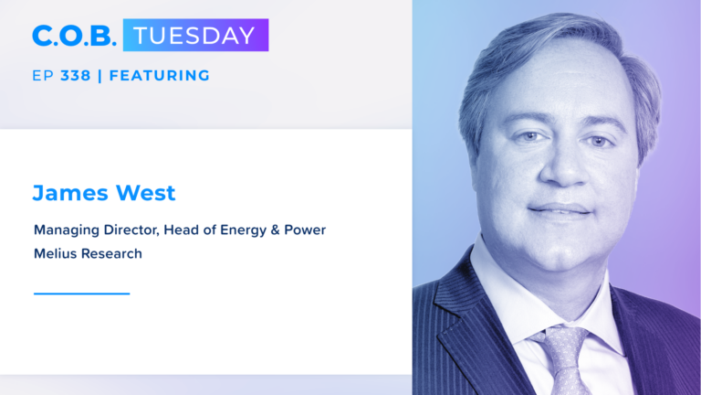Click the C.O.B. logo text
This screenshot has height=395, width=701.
[74, 36]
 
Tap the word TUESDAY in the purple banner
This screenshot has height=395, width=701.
[194, 36]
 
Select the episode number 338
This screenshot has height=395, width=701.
[76, 76]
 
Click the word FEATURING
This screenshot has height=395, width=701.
[159, 76]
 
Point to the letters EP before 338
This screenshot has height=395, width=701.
[43, 76]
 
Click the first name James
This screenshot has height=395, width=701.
[70, 194]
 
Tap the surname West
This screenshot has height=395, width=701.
[146, 193]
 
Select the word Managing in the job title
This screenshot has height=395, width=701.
[67, 230]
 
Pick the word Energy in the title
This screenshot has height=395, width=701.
[243, 230]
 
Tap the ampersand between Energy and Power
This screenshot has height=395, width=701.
[276, 230]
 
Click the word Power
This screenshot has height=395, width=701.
[305, 230]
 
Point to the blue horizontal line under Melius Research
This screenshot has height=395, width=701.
[82, 294]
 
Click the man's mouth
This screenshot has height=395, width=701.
[560, 209]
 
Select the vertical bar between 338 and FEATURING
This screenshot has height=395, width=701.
[99, 76]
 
